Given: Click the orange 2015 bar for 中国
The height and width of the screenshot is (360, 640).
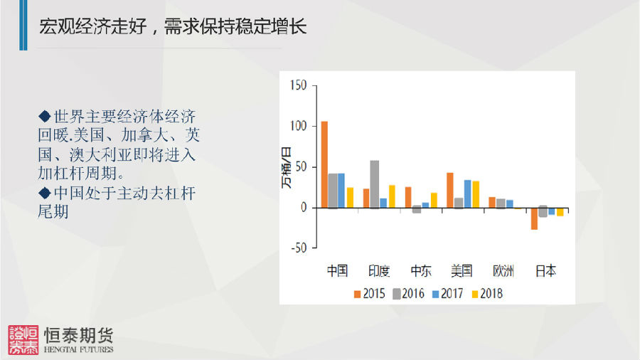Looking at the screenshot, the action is tap(324, 164).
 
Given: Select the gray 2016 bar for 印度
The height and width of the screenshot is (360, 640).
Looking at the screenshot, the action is tap(374, 184).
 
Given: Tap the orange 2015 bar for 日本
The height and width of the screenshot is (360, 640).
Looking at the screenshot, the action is tap(534, 219).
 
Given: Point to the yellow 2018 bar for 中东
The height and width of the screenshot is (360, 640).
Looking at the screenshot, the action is tap(434, 201).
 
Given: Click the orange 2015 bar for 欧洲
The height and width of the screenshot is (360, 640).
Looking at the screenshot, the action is tap(492, 203).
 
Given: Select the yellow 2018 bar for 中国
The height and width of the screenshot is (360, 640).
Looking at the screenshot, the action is tap(350, 198).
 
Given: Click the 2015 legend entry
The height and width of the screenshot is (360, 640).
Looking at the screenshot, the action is tap(369, 294).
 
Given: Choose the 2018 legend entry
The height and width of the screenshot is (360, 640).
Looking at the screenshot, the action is tap(487, 294).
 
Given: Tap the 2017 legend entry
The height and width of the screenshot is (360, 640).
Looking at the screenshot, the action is tap(448, 294).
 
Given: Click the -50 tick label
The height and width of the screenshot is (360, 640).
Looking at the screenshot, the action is tap(299, 248).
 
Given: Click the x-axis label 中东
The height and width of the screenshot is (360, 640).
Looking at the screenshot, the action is tap(421, 271).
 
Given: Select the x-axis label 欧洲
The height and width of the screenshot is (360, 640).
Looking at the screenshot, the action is tap(503, 271).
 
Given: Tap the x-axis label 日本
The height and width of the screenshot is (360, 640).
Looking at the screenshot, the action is tap(545, 271).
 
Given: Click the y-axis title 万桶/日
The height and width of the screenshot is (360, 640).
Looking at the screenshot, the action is tap(287, 168).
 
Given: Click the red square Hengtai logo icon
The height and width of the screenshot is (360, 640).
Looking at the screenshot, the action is tap(23, 340).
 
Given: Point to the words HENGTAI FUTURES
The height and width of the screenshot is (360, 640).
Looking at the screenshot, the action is tap(79, 349).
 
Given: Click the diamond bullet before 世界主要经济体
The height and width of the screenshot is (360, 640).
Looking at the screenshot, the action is tap(45, 117).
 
